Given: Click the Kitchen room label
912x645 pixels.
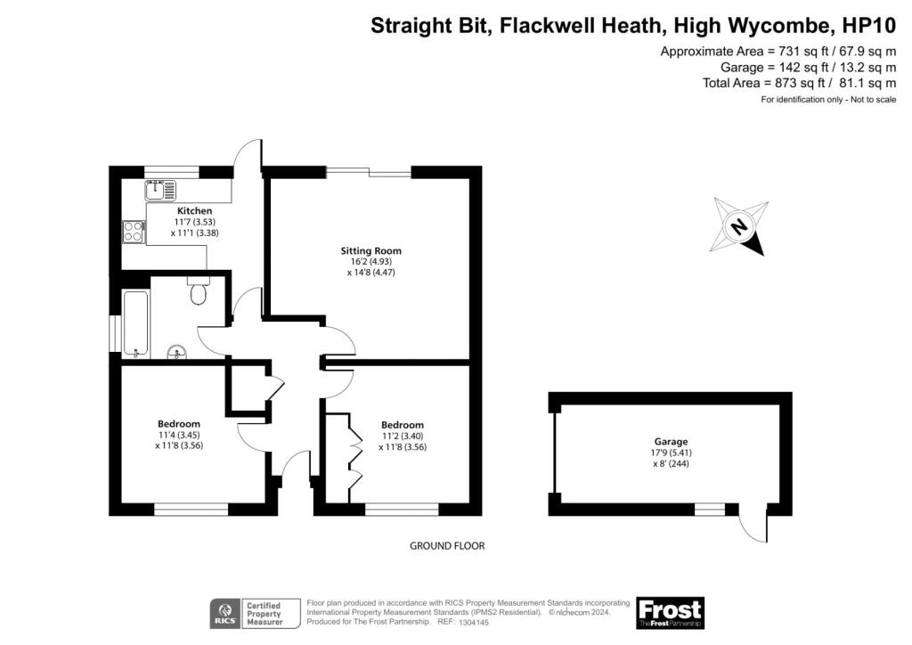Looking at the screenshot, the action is point(194,210).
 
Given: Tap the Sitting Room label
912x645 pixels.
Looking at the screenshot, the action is point(371,250).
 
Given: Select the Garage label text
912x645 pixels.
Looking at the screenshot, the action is point(671,442).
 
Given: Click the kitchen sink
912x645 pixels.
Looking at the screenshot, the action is point(160,190).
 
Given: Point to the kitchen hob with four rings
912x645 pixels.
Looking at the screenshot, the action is point(134,232).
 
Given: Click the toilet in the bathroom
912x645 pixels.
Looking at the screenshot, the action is point(199,290).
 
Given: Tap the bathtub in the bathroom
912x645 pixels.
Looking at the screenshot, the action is point(136,323).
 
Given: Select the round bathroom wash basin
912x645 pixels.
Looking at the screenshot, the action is point(177,352).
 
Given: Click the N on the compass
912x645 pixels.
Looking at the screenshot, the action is point(738,225).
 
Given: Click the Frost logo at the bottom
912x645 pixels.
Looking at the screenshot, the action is point(670,612).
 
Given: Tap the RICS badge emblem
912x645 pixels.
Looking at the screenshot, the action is point(224,614).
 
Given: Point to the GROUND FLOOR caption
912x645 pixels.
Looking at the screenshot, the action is point(447,545).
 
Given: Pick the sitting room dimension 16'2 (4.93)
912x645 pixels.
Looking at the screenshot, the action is point(371,262).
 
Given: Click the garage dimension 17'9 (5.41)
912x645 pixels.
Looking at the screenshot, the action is point(671,453).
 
